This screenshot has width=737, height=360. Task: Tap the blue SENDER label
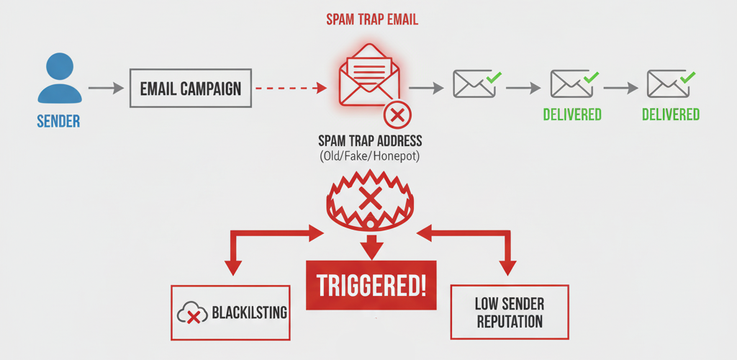(x=58, y=122)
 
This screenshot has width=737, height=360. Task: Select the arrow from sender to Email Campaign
(x=105, y=89)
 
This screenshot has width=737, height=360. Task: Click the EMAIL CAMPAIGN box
(x=191, y=89)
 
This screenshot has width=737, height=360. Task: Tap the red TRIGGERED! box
(x=371, y=285)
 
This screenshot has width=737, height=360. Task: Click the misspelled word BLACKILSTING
(x=250, y=312)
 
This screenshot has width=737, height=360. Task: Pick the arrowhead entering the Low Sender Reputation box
(x=508, y=268)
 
